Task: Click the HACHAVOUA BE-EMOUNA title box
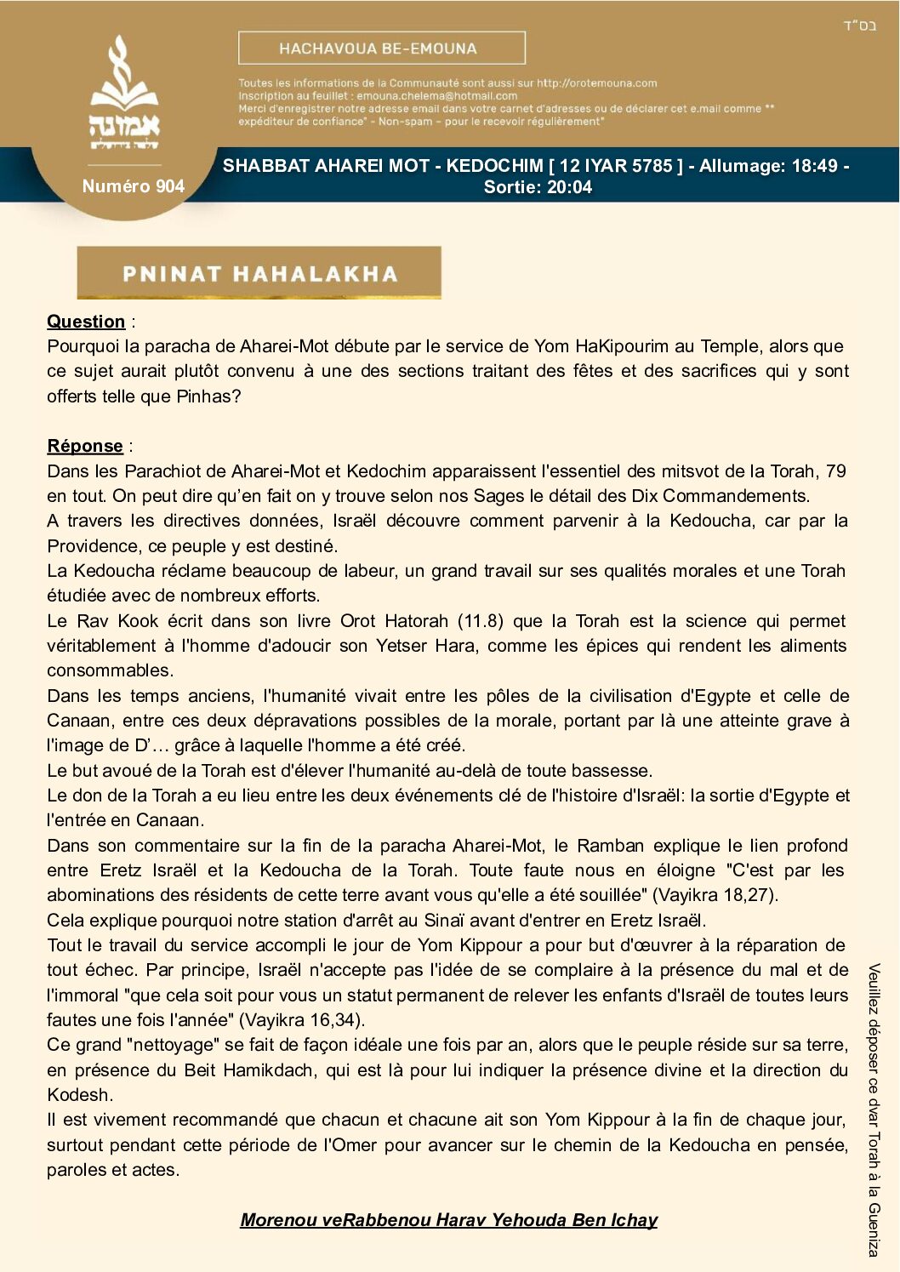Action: click(x=381, y=48)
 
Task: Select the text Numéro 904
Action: click(x=133, y=186)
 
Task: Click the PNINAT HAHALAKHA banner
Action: click(x=259, y=273)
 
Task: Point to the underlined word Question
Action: click(x=86, y=322)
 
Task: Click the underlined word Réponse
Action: click(x=85, y=446)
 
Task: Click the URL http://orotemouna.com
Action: click(x=596, y=83)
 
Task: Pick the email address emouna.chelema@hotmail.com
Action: click(x=436, y=96)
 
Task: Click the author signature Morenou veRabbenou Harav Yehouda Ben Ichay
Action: click(x=449, y=1220)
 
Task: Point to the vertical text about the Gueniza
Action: click(x=874, y=1110)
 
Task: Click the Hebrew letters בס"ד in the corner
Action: click(x=859, y=26)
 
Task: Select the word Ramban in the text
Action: click(x=610, y=846)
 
